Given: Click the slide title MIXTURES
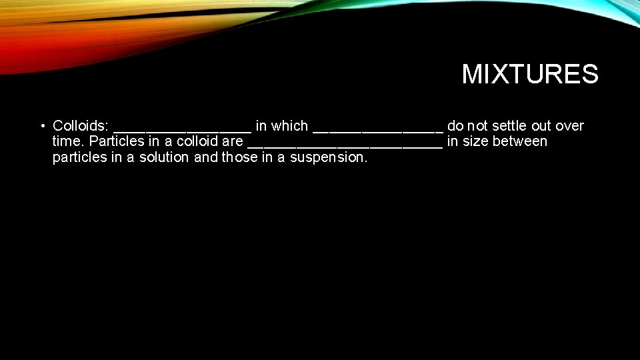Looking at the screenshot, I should click(530, 74).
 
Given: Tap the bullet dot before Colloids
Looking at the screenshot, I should click(42, 126).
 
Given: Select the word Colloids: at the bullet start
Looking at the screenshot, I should click(81, 126).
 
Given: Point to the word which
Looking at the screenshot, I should click(289, 126).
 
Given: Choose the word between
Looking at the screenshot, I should click(520, 141).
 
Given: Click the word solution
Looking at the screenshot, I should click(164, 157).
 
